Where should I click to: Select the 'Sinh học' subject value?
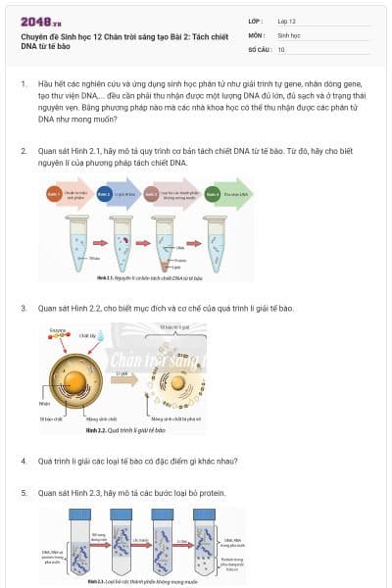point(290,34)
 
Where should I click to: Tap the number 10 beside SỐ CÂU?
point(281,48)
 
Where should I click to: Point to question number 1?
point(24,85)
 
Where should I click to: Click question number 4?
point(24,461)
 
